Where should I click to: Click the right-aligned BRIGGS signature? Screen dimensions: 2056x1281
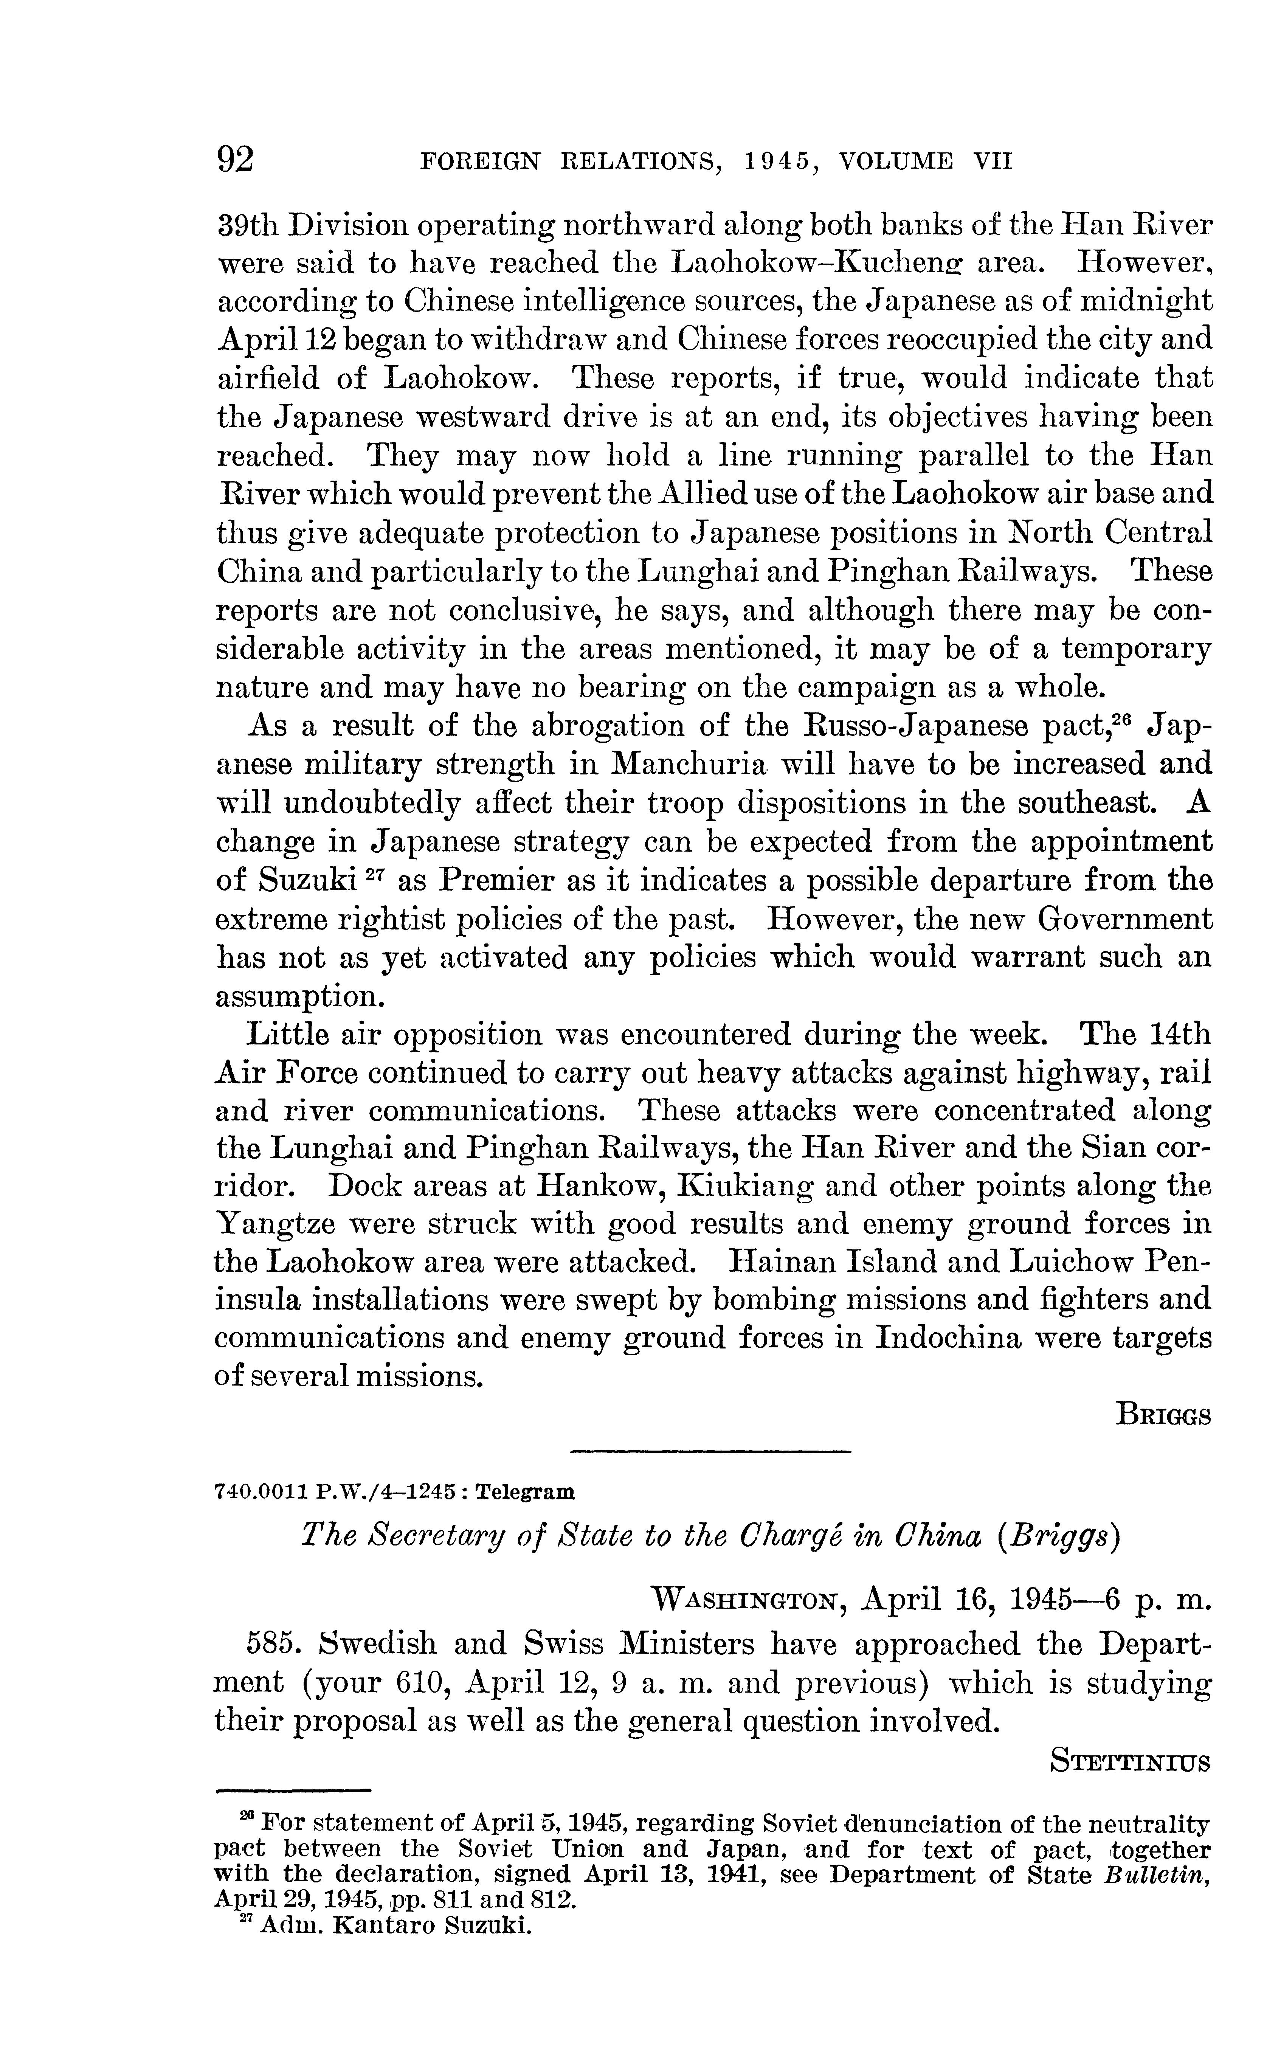pos(1163,1415)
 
